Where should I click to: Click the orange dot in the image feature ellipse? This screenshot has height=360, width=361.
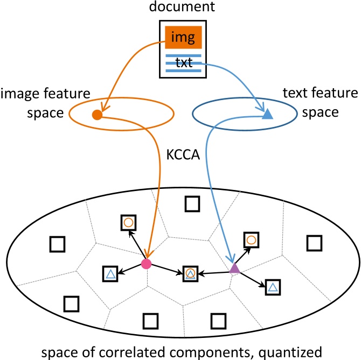coord(96,114)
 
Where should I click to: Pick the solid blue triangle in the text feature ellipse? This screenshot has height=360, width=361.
coord(268,114)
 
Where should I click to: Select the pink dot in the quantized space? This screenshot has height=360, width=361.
coord(145,264)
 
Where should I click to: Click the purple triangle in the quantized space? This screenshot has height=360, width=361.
coord(234,268)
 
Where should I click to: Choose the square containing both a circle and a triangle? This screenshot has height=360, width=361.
coord(190,273)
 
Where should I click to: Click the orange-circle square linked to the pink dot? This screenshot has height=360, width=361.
coord(128,222)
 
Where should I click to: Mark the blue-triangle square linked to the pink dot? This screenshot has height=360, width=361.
coord(110,274)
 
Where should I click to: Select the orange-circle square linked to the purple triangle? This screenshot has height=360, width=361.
coord(251,239)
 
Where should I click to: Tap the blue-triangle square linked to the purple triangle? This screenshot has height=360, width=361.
coord(273,287)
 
